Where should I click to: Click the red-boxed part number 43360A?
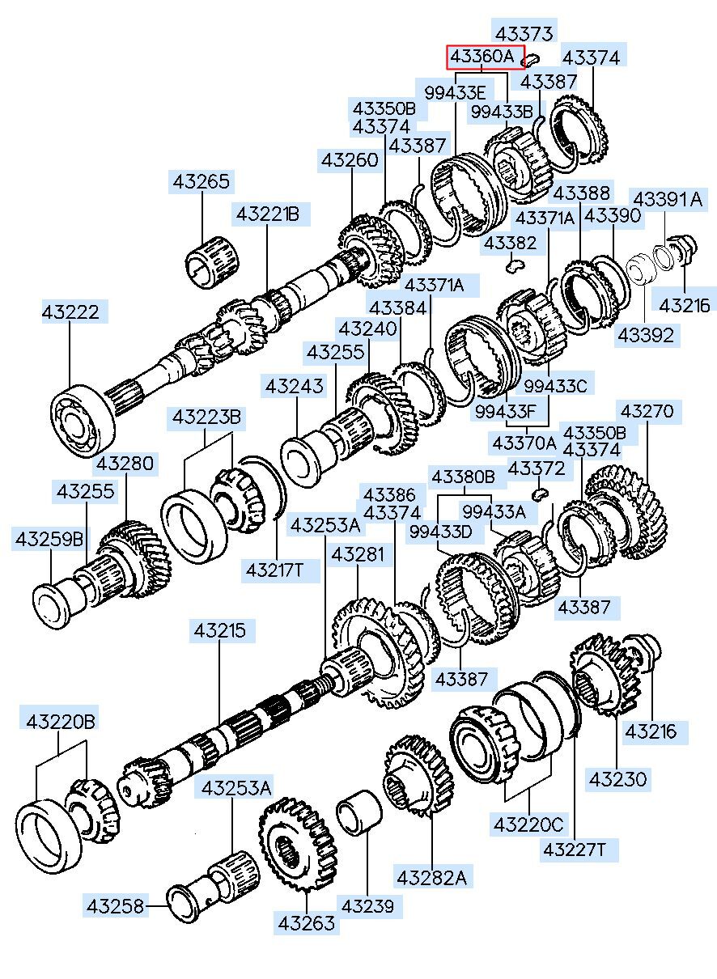(x=482, y=57)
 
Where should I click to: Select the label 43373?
(x=524, y=33)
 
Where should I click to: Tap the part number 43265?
(x=202, y=181)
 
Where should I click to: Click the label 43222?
(x=70, y=312)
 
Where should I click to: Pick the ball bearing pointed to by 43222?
(x=83, y=421)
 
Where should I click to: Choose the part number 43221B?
(x=268, y=214)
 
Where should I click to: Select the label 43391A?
(x=668, y=199)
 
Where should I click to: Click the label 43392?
(x=646, y=335)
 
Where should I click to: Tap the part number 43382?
(x=510, y=243)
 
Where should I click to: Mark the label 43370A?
(x=524, y=443)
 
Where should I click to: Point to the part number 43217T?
(x=274, y=570)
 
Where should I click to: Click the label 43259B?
(x=49, y=540)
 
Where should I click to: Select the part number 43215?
(x=220, y=630)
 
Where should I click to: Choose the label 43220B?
(x=61, y=722)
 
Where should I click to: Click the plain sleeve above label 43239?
(x=359, y=812)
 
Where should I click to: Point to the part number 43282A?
(x=432, y=877)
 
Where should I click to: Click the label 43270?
(x=647, y=411)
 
